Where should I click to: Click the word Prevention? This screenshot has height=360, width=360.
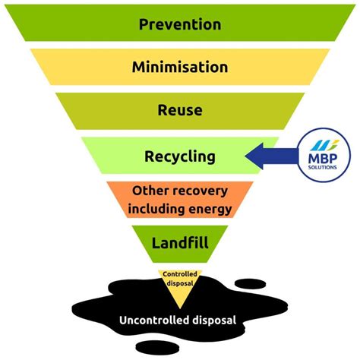click(x=180, y=24)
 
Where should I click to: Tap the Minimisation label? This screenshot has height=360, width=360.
click(x=180, y=67)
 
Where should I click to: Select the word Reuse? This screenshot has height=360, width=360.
click(x=180, y=110)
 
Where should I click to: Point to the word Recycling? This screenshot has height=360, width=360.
click(x=180, y=156)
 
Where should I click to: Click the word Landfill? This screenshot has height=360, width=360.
click(x=180, y=242)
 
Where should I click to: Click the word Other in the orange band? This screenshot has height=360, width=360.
click(x=145, y=191)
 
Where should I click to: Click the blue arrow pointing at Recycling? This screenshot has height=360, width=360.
click(x=271, y=156)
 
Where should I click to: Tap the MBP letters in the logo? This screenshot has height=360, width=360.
click(x=323, y=159)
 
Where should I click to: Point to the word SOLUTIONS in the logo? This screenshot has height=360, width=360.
click(x=323, y=167)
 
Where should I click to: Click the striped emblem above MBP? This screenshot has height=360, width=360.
click(x=324, y=145)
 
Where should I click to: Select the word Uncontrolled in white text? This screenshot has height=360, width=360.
click(x=154, y=321)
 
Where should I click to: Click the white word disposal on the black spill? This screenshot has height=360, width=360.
click(x=214, y=321)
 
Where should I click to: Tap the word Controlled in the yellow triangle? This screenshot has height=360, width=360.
click(x=180, y=274)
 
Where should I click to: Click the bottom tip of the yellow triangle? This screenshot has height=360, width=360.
click(x=180, y=308)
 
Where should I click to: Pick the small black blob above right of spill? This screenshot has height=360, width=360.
click(x=250, y=283)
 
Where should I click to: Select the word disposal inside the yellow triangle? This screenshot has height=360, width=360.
click(x=180, y=283)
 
